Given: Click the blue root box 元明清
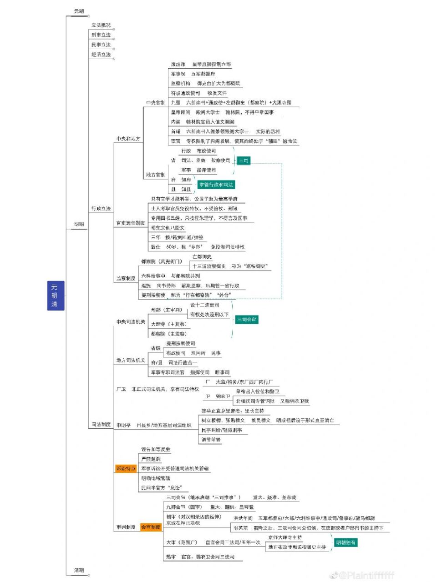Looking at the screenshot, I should (54, 296).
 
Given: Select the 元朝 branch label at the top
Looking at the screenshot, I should (79, 11).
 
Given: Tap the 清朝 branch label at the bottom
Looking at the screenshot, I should (79, 570).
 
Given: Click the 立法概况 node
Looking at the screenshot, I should (101, 25).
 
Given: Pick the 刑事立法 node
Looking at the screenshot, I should (101, 35).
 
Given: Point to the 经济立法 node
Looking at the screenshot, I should (101, 55).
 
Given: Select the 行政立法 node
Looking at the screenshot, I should (101, 209).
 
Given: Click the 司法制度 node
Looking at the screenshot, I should (101, 425).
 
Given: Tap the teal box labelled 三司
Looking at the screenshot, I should (244, 161).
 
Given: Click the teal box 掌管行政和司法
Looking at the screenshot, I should (216, 185).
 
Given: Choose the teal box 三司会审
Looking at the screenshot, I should (246, 320).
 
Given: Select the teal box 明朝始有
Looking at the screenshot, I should (346, 542).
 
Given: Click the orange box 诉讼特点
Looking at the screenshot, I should (126, 468).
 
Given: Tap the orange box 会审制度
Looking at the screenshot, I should (151, 527).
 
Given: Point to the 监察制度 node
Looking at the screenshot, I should (126, 278).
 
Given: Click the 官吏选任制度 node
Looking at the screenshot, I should (131, 223).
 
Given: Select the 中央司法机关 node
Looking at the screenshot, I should (131, 322).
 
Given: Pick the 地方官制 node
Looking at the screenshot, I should (155, 175).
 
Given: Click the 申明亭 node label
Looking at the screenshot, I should (123, 426).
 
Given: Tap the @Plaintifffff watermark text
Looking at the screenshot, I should (366, 575).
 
